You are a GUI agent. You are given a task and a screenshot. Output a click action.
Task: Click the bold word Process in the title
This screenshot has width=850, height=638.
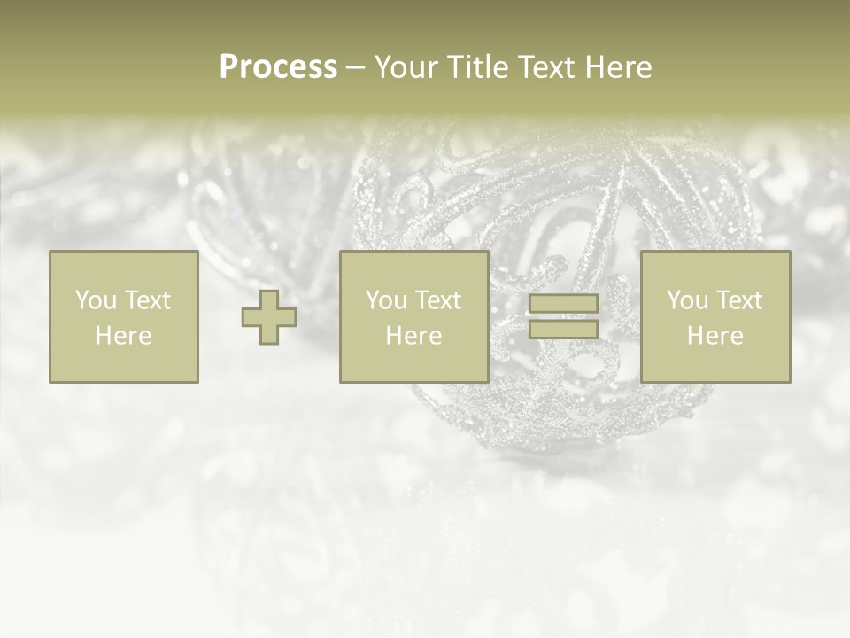[x=278, y=67]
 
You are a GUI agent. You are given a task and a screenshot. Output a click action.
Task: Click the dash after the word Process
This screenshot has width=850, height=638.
[x=355, y=68]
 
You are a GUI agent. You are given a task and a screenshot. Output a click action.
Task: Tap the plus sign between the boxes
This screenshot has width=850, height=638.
[x=269, y=317]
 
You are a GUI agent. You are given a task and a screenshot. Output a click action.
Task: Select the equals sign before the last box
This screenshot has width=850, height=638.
[x=563, y=316]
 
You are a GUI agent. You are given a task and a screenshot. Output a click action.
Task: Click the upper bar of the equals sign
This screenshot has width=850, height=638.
[x=563, y=304]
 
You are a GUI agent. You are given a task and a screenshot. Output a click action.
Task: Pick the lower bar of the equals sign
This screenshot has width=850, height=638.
[x=563, y=329]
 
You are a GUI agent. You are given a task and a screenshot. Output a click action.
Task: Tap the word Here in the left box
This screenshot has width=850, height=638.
[x=123, y=336]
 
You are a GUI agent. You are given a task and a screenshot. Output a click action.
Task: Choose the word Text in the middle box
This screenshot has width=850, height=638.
[x=438, y=300]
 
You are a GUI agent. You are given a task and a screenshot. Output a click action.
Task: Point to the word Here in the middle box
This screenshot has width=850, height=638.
[x=413, y=336]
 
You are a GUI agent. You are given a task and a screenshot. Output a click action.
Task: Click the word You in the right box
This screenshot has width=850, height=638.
[x=687, y=300]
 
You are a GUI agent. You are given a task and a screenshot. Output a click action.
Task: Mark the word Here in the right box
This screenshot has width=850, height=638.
[x=715, y=336]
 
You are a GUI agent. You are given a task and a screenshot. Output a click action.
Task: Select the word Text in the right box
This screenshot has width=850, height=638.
[x=739, y=300]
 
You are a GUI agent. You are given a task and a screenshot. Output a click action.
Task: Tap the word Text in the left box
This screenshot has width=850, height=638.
[x=148, y=300]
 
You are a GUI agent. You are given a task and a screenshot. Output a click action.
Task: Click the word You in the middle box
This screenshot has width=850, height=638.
[x=386, y=300]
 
